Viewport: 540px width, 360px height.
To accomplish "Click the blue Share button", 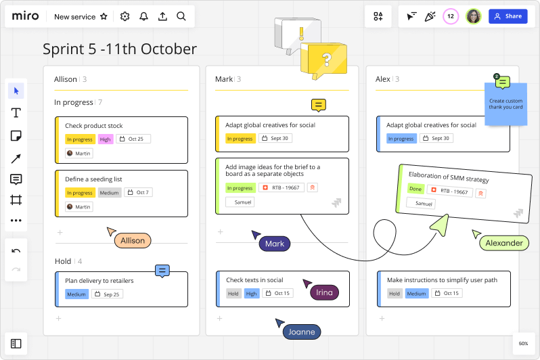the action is click(508, 16).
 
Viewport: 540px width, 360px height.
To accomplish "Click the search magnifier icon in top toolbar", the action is click(181, 16).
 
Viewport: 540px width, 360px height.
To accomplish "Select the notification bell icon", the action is click(143, 16).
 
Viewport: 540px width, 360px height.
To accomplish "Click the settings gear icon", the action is click(125, 16).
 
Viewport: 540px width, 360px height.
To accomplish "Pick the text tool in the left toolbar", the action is click(16, 113).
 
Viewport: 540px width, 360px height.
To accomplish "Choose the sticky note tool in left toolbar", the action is click(16, 136).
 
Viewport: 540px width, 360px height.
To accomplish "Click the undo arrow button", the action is click(16, 251).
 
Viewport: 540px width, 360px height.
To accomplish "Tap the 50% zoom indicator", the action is click(523, 343).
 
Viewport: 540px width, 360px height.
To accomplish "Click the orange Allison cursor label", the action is click(133, 240).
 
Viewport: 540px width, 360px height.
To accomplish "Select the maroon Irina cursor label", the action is click(324, 292).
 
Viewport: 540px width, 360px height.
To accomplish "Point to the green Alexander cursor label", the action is click(504, 243).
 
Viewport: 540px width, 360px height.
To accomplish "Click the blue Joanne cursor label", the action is click(302, 332).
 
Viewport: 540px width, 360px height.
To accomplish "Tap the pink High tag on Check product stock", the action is click(105, 139).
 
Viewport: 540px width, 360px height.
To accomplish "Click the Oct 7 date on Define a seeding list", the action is click(138, 193).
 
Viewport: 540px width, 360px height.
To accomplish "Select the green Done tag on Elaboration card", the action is click(415, 189).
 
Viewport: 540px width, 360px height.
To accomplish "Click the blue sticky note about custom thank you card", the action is click(505, 106).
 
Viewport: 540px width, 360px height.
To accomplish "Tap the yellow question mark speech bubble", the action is click(327, 60).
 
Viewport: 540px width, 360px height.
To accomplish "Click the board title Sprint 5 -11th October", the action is click(120, 49).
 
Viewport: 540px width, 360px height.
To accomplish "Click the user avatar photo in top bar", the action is click(474, 16).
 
